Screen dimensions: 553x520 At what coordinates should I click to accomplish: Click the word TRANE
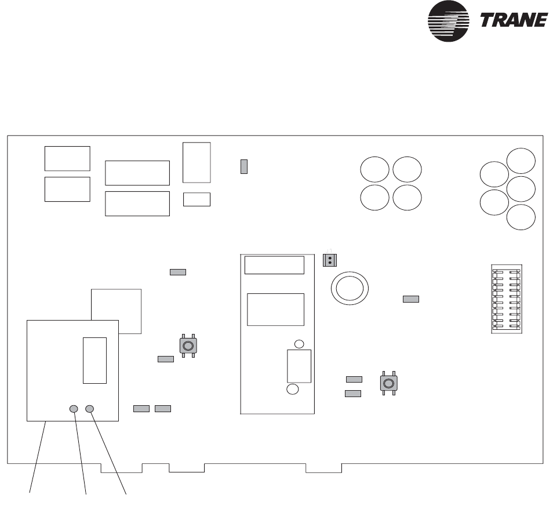click(x=514, y=20)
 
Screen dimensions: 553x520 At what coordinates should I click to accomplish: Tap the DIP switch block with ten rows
click(x=505, y=299)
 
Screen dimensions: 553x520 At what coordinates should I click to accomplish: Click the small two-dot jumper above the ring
click(x=329, y=260)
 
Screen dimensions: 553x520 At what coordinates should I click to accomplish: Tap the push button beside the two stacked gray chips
click(x=388, y=383)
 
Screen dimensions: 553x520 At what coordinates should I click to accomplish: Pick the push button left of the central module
click(x=188, y=346)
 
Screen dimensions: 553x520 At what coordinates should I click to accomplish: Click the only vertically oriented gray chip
click(x=244, y=166)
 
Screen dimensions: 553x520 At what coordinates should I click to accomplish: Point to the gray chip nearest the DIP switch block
click(x=410, y=299)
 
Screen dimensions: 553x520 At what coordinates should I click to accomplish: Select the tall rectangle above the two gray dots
click(x=94, y=359)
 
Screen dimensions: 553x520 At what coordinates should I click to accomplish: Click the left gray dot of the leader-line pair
click(x=74, y=409)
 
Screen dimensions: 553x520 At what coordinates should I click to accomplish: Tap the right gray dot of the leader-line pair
click(x=89, y=409)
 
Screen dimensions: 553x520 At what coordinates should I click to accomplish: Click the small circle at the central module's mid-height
click(x=300, y=344)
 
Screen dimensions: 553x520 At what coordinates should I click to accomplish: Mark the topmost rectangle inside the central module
click(x=274, y=265)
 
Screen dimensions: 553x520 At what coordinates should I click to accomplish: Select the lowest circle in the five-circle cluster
click(x=521, y=217)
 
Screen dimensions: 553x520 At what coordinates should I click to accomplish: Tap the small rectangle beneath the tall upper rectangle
click(x=197, y=199)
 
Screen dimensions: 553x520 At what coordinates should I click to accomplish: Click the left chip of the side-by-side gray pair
click(x=141, y=409)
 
